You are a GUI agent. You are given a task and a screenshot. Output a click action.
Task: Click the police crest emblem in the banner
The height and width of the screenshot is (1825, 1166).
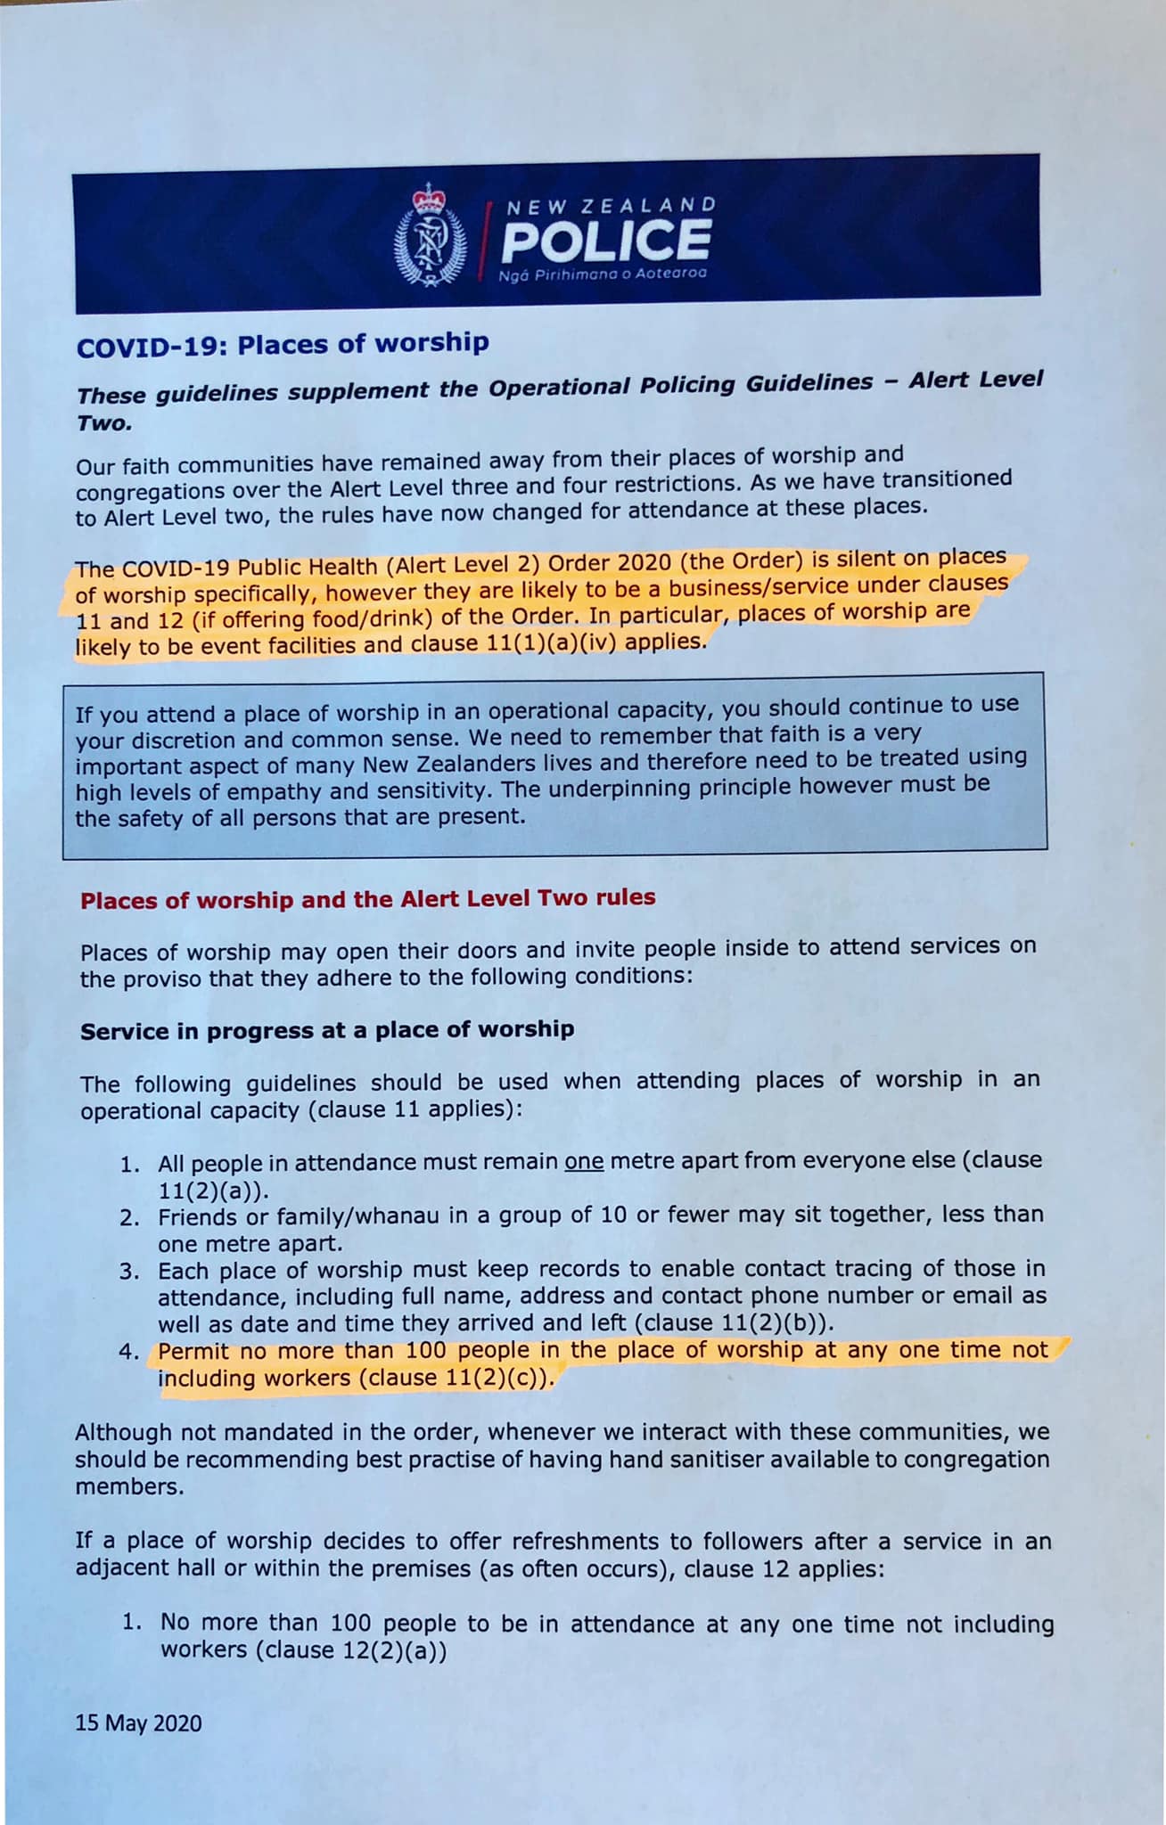[430, 235]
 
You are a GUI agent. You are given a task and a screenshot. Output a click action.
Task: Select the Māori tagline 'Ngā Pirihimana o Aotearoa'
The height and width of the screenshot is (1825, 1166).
[603, 274]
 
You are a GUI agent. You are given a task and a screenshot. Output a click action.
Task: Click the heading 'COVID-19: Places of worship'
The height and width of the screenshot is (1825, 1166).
[283, 345]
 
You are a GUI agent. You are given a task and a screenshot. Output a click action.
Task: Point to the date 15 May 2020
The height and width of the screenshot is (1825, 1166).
[138, 1723]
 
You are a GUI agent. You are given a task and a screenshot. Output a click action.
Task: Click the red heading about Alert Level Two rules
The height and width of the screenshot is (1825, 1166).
[367, 898]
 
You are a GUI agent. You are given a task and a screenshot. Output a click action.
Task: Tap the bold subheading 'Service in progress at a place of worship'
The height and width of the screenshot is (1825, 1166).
[327, 1030]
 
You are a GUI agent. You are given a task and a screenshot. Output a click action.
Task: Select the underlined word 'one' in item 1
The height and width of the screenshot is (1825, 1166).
[584, 1162]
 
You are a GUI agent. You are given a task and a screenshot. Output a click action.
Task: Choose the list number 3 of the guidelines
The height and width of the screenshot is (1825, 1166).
[129, 1271]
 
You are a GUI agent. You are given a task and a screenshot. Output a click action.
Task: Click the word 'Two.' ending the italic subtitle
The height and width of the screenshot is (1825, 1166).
[104, 422]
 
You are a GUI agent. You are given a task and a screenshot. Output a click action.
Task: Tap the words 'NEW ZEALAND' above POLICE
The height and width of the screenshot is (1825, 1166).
[612, 205]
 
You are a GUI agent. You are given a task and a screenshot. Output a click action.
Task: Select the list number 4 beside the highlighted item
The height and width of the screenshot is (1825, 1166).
[129, 1352]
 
